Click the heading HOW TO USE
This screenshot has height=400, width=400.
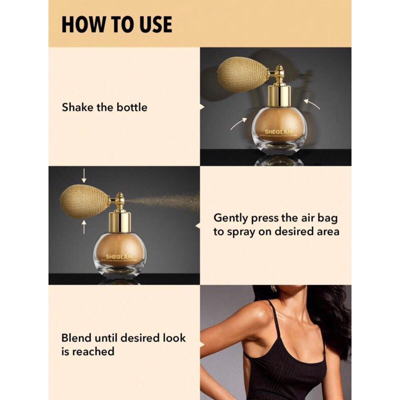(x=116, y=24)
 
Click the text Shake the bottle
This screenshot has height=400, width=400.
(x=104, y=107)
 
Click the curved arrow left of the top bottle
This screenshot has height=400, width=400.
(x=238, y=123)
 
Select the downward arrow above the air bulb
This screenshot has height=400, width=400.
(x=83, y=175)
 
